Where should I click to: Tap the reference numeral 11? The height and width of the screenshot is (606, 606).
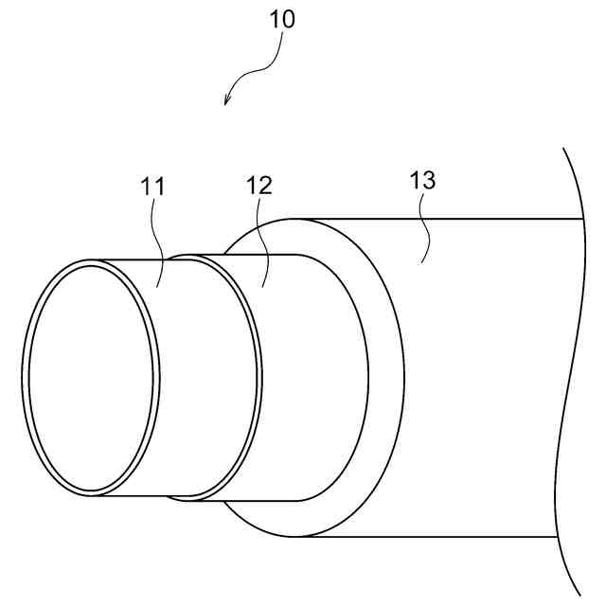pyautogui.click(x=153, y=187)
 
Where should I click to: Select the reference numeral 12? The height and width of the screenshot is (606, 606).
pyautogui.click(x=259, y=186)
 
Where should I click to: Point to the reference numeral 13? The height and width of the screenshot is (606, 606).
pyautogui.click(x=422, y=181)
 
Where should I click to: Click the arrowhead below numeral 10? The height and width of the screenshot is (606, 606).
pyautogui.click(x=227, y=100)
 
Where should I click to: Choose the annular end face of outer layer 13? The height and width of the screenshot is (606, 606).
pyautogui.click(x=383, y=379)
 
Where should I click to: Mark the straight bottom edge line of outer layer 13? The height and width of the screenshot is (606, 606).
pyautogui.click(x=436, y=537)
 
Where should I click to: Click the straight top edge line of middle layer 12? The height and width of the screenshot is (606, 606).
pyautogui.click(x=260, y=255)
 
